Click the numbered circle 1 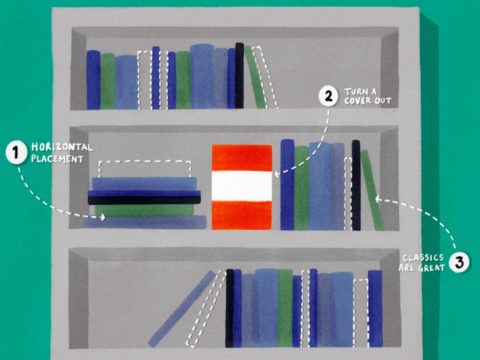pyautogui.click(x=16, y=153)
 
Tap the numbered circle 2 pyautogui.click(x=328, y=96)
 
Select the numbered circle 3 pyautogui.click(x=459, y=262)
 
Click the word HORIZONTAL pyautogui.click(x=62, y=147)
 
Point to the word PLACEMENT pyautogui.click(x=57, y=159)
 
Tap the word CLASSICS pyautogui.click(x=423, y=258)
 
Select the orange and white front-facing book pyautogui.click(x=242, y=187)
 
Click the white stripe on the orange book pyautogui.click(x=242, y=186)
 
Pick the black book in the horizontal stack pyautogui.click(x=144, y=200)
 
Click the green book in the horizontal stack pyautogui.click(x=144, y=210)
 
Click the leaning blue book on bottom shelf pyautogui.click(x=182, y=308)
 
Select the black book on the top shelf pyautogui.click(x=240, y=75)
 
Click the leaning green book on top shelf pyautogui.click(x=255, y=77)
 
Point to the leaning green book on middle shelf pyautogui.click(x=372, y=190)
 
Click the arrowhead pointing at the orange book pyautogui.click(x=277, y=174)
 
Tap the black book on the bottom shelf pyautogui.click(x=230, y=308)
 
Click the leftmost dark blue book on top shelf pyautogui.click(x=93, y=80)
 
